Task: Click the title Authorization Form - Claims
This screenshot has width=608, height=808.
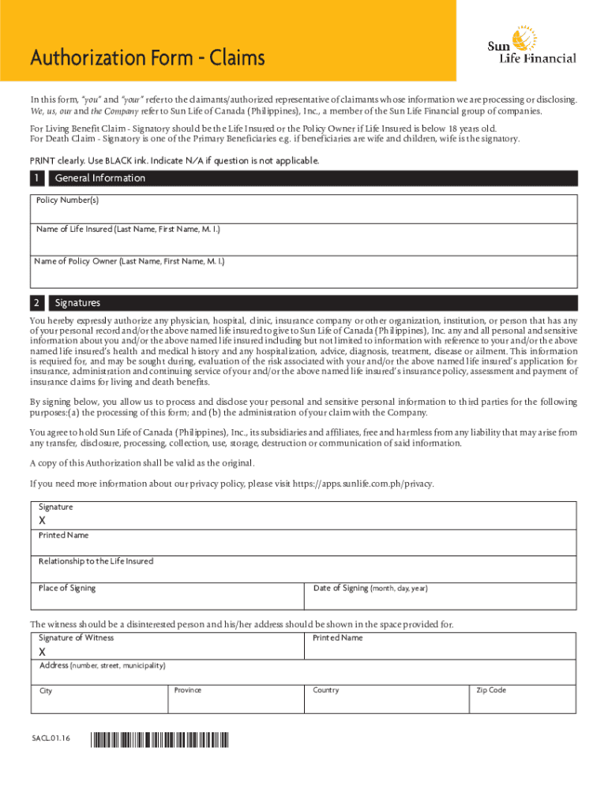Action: click(x=147, y=58)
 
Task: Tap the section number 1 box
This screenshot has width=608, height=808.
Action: click(x=38, y=178)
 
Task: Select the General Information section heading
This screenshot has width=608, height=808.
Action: click(x=100, y=178)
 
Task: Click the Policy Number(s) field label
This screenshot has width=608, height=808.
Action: click(x=68, y=200)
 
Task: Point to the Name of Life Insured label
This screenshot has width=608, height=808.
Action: click(x=128, y=230)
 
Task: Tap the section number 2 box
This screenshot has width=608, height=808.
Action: click(x=38, y=303)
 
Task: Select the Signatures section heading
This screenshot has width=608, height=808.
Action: click(x=77, y=303)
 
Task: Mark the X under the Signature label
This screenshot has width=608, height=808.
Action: click(x=43, y=521)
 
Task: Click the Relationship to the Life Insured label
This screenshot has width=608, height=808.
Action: click(x=96, y=562)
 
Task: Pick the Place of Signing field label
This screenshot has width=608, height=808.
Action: click(x=67, y=588)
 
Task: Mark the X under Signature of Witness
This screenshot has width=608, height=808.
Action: click(x=43, y=652)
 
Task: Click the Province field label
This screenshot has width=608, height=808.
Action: click(x=188, y=690)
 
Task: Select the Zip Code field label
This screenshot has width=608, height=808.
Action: click(x=490, y=690)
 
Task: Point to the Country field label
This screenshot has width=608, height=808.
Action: click(x=325, y=690)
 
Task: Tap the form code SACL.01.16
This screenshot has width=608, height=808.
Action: click(x=51, y=739)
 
